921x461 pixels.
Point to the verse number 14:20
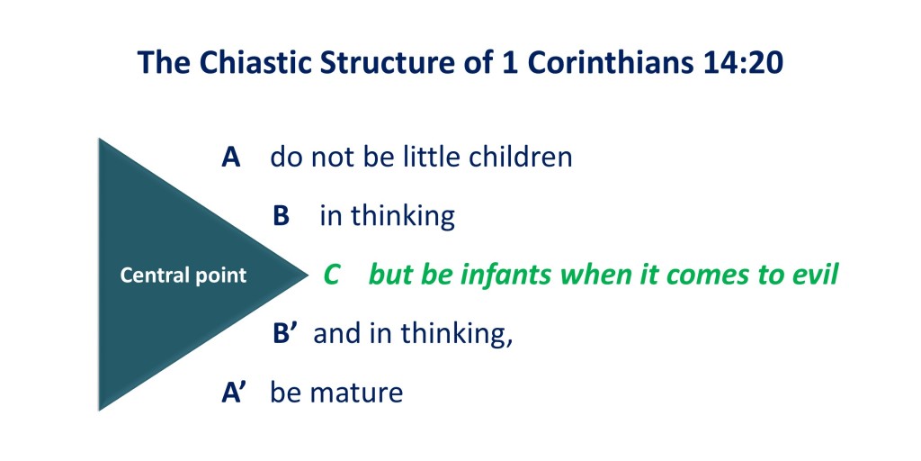(743, 63)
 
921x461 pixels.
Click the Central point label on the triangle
(183, 276)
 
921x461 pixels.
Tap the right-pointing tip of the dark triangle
(308, 274)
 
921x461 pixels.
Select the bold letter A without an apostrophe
(231, 158)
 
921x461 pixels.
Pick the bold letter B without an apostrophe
(282, 216)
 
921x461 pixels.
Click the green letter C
(331, 276)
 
